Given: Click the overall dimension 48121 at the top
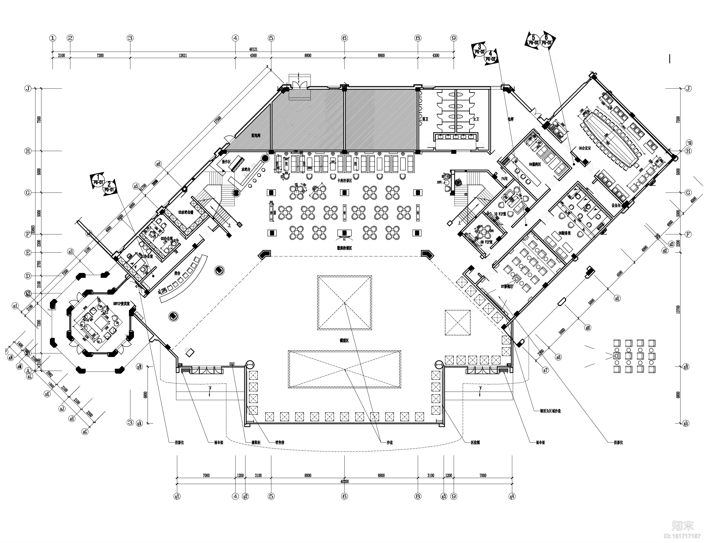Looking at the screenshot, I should pos(253,49).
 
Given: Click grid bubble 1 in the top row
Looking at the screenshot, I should pos(52,38).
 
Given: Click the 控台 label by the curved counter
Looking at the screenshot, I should pos(177,273).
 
